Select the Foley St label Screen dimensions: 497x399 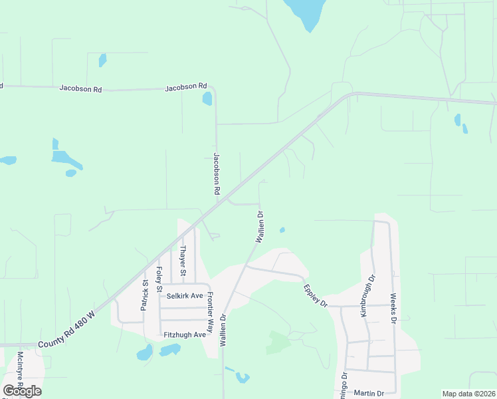(x=159, y=279)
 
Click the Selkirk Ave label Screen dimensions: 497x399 (x=185, y=295)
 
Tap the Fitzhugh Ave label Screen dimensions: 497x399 (x=185, y=334)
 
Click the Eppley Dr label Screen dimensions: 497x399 (x=316, y=295)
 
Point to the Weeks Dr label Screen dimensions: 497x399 (x=393, y=309)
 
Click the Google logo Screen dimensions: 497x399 (x=22, y=390)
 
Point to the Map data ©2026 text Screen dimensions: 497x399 (x=468, y=394)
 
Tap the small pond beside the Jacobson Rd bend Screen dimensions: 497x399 (x=207, y=99)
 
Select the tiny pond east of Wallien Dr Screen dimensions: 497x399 (x=282, y=231)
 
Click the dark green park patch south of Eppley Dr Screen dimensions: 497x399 (x=278, y=342)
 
